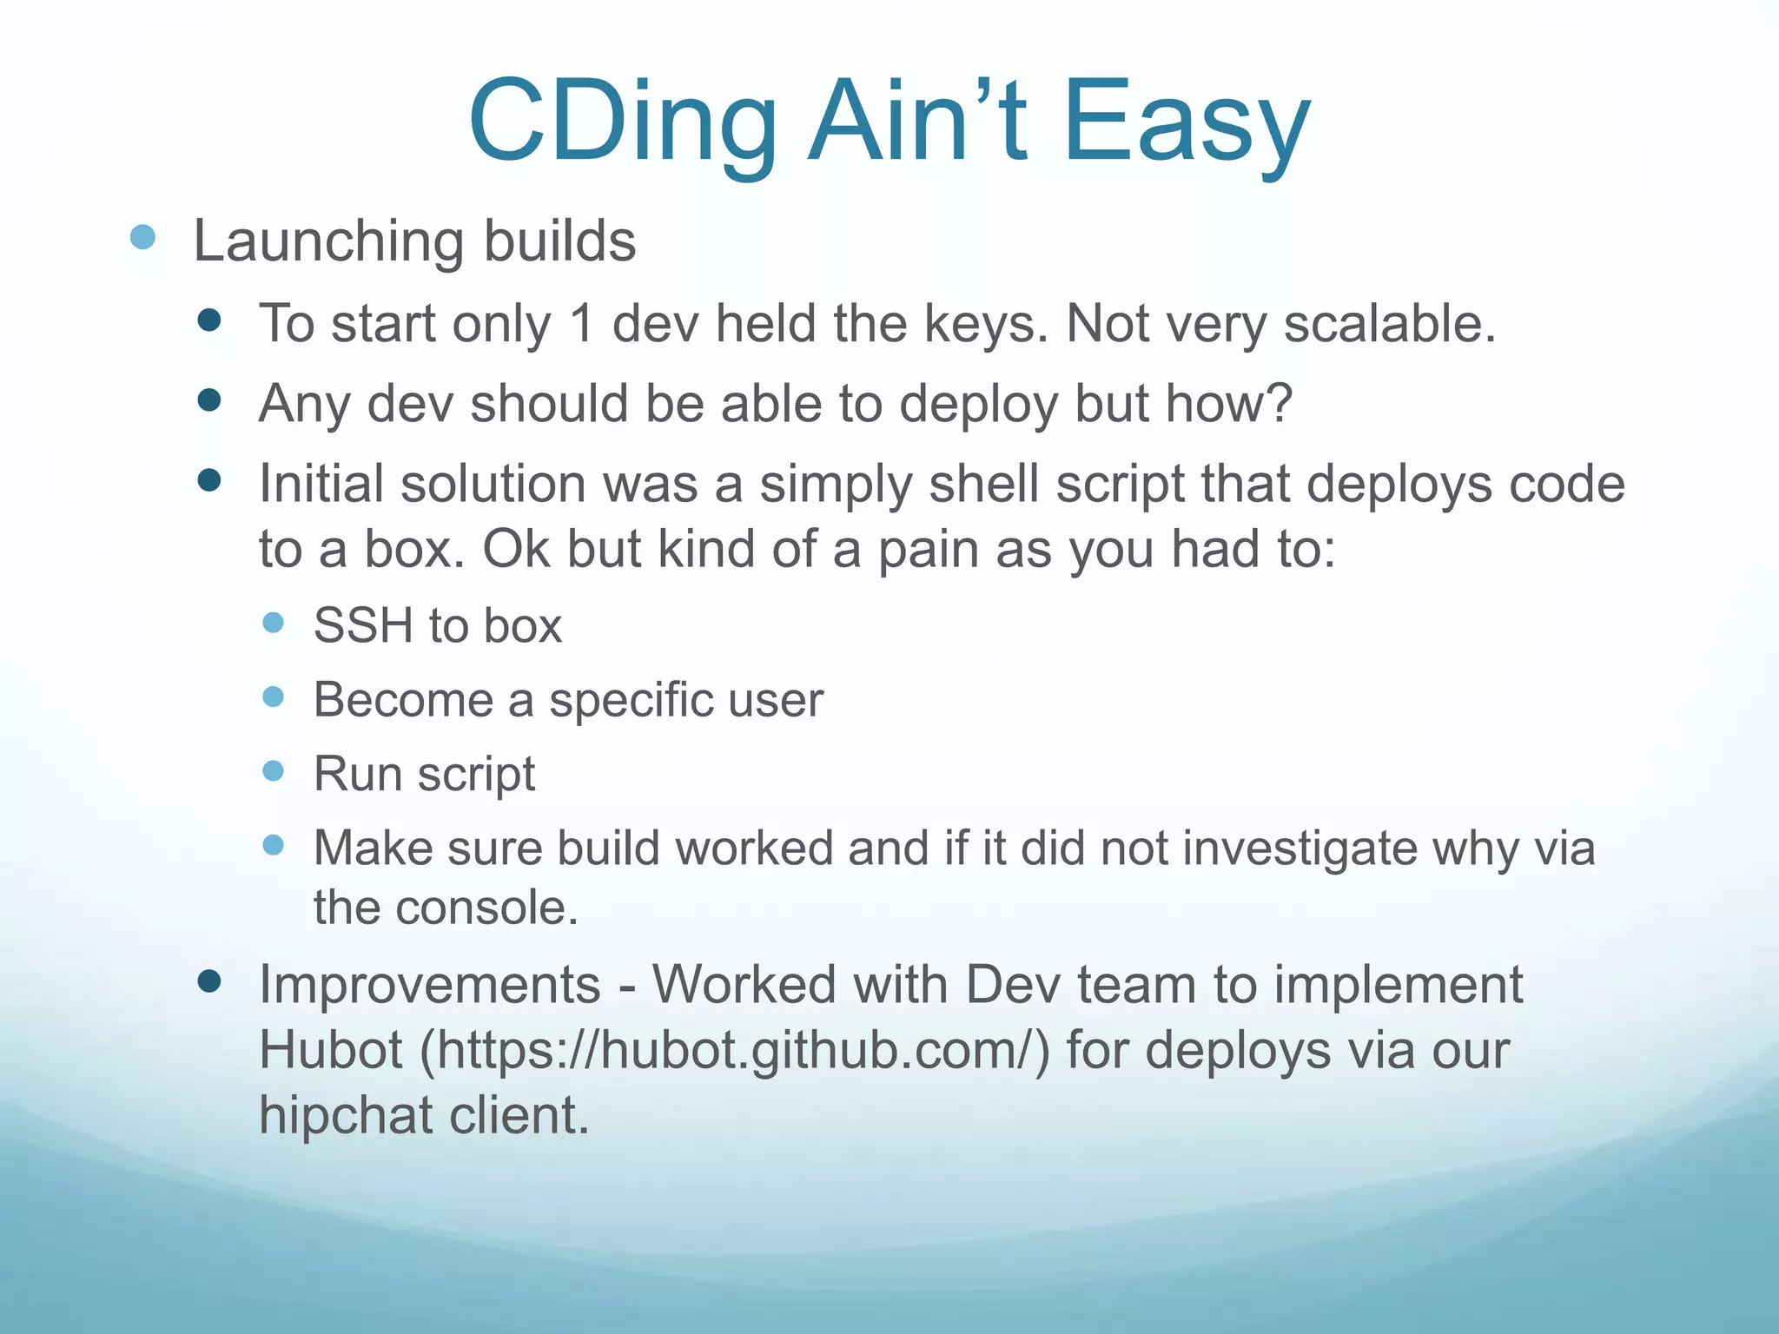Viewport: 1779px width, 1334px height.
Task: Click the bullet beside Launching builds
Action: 142,237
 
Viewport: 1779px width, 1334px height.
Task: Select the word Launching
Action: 328,241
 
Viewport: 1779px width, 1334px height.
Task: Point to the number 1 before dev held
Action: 581,324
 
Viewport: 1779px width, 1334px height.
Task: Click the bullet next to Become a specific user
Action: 274,697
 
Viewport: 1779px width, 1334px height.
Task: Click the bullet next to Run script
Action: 274,770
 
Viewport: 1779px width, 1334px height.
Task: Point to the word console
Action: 486,908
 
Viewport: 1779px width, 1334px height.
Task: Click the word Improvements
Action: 430,986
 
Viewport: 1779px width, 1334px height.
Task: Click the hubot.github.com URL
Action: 735,1051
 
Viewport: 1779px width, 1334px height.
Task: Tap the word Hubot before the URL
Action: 331,1051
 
